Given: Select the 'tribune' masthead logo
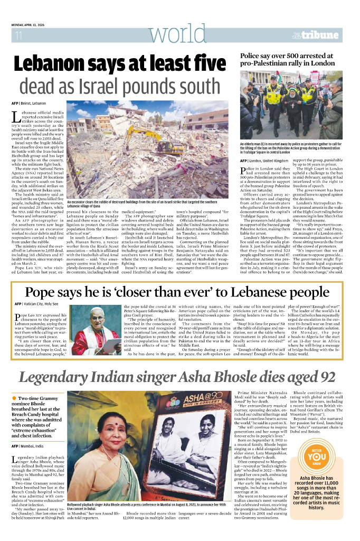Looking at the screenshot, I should click(321, 35).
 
